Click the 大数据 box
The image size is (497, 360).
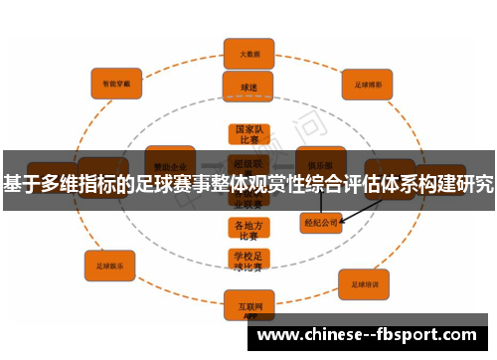coord(248,53)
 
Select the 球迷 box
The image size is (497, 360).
coord(248,88)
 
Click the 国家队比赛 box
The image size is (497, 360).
coord(248,135)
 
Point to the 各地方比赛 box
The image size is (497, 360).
coord(248,230)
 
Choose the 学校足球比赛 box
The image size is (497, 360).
coord(248,262)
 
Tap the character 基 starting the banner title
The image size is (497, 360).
coord(13,184)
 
